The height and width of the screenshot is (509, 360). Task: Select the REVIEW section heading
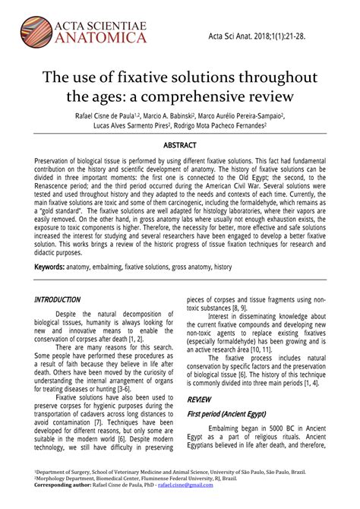tap(199, 399)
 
